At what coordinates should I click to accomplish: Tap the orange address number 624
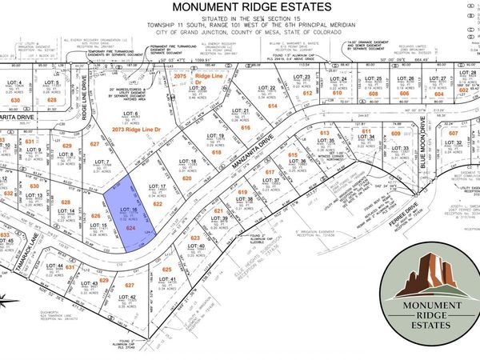[129, 228]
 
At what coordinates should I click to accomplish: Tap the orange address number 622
[158, 205]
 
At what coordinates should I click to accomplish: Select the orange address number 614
[273, 106]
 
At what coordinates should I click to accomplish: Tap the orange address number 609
[395, 134]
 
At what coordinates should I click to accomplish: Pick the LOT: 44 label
[54, 266]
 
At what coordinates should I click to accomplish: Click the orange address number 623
[196, 238]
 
